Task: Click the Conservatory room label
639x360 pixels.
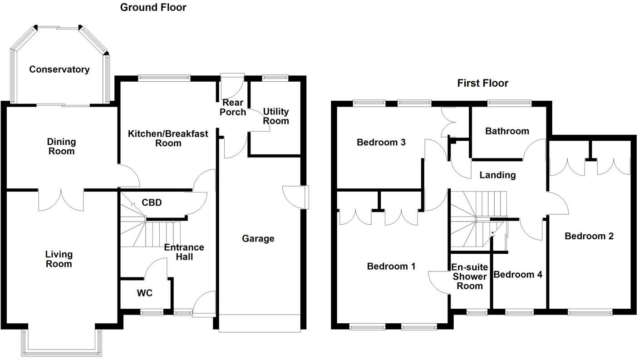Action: (x=59, y=69)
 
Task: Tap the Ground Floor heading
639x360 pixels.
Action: (x=153, y=7)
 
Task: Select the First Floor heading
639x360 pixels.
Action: (x=483, y=83)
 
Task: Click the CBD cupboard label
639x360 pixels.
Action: (x=152, y=202)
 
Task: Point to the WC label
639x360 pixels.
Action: (x=144, y=293)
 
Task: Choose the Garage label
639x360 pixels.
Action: (x=258, y=238)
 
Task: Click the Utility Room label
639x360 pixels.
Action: (x=276, y=116)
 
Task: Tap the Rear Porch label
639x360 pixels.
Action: (x=233, y=108)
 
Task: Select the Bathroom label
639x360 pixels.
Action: (x=507, y=131)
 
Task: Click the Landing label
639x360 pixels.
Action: (x=498, y=175)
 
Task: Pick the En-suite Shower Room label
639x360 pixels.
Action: (x=469, y=276)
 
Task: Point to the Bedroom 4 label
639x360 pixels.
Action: (x=518, y=275)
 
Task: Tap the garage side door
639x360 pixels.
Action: (x=295, y=197)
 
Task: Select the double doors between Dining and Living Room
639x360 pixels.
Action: (x=61, y=200)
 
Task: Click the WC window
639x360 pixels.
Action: (x=152, y=312)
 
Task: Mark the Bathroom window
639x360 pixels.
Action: (x=509, y=103)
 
